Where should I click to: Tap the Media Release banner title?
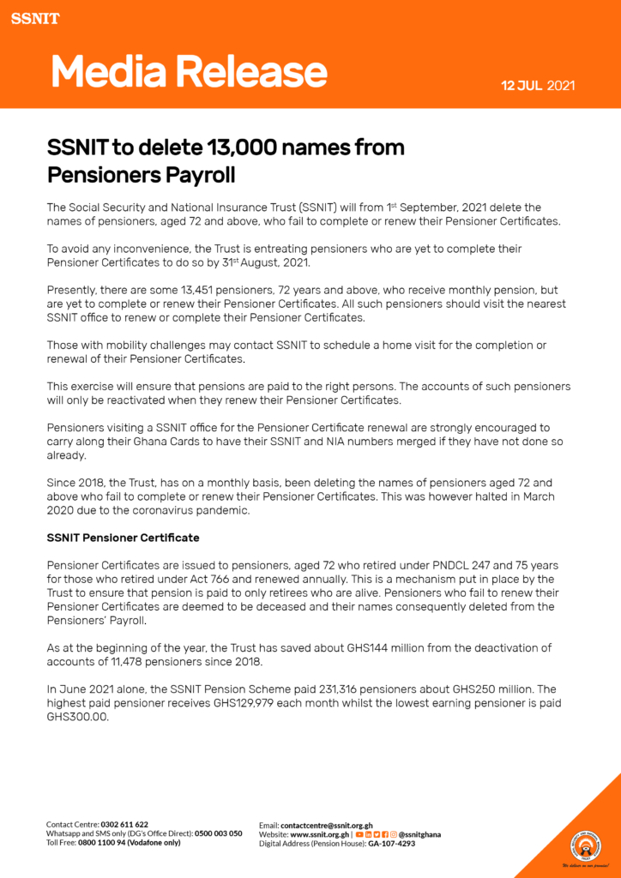189,73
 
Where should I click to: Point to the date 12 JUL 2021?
538,86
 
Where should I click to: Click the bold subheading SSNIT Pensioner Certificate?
123,538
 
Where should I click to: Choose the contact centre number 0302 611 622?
124,824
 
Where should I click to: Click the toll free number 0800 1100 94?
102,843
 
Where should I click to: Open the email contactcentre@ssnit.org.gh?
327,824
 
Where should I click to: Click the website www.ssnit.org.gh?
319,833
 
